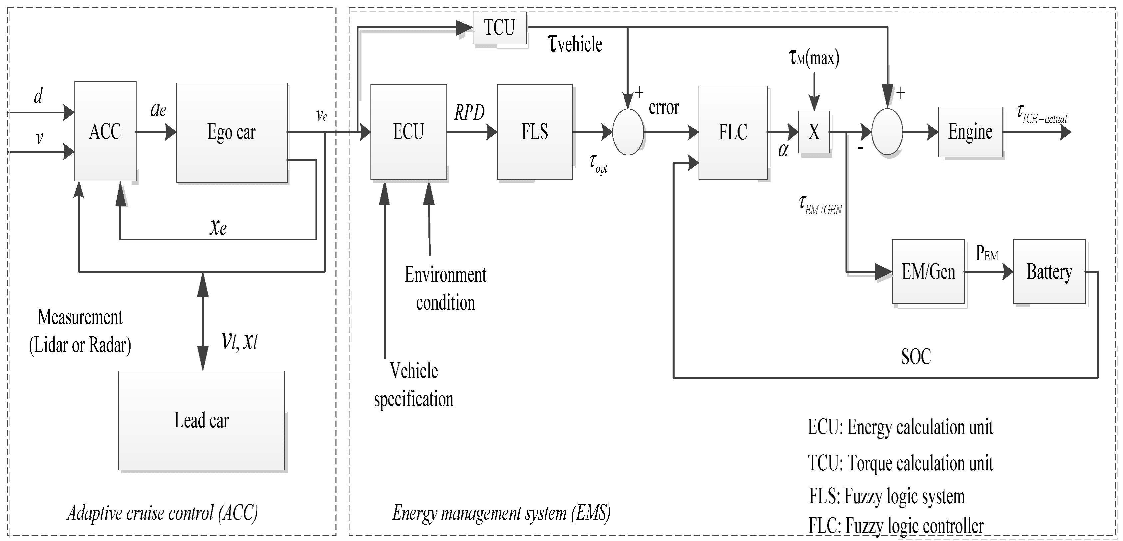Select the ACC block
(105, 131)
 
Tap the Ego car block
(232, 132)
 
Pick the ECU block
(408, 132)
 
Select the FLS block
(534, 132)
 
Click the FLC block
(733, 132)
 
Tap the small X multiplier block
(814, 132)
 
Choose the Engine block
(970, 132)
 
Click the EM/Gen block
(928, 272)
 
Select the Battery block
(1049, 272)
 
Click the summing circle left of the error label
(628, 132)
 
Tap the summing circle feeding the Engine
(887, 132)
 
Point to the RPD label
(469, 113)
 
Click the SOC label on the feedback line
(915, 356)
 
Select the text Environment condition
(445, 288)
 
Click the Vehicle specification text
(413, 385)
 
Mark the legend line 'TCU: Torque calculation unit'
(900, 463)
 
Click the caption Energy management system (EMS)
(501, 513)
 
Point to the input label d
(38, 96)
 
